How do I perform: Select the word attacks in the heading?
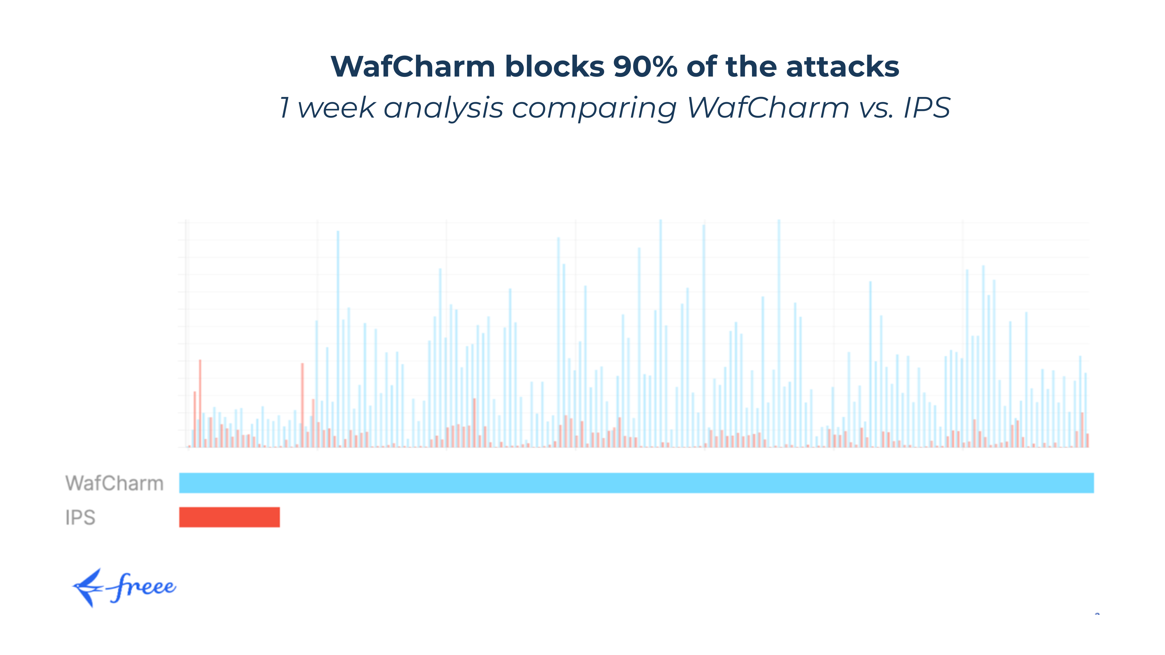843,67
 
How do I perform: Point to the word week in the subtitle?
336,109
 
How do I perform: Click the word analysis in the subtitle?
443,109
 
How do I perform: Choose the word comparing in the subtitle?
594,109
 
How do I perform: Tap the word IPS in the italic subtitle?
927,109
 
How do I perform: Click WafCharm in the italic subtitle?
768,109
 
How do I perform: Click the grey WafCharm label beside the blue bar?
114,483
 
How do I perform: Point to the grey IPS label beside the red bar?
80,518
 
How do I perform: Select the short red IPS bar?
229,517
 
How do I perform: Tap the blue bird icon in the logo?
88,588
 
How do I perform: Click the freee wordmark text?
142,587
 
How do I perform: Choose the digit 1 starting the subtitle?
285,109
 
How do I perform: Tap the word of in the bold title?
701,67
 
